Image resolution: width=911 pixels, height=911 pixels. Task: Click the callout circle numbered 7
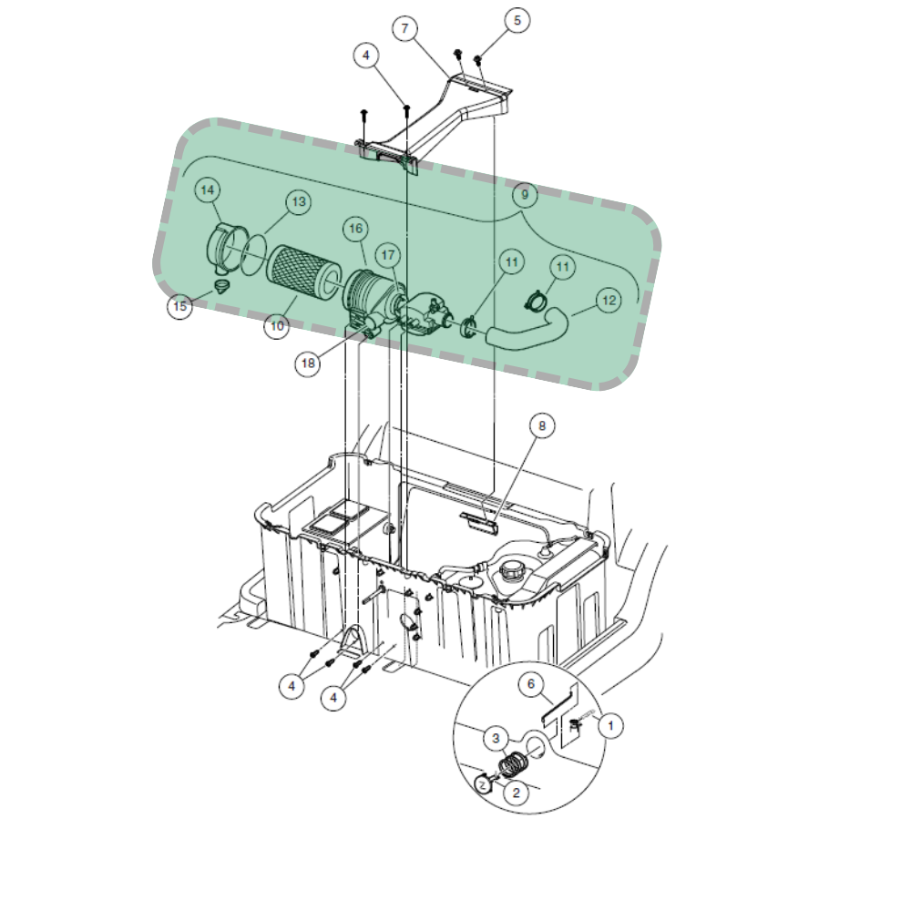point(404,28)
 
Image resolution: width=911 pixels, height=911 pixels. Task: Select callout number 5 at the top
point(517,20)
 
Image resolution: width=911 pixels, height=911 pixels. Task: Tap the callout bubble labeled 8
point(542,425)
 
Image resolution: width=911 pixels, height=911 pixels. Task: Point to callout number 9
point(524,194)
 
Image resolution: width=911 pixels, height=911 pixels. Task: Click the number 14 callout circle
point(209,189)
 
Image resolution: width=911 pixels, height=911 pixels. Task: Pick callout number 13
point(298,201)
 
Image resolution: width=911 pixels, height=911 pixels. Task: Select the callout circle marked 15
point(180,307)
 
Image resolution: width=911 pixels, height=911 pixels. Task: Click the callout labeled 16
point(355,228)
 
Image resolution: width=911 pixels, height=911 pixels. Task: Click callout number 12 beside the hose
point(609,300)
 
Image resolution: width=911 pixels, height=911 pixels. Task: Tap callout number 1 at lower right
point(612,726)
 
